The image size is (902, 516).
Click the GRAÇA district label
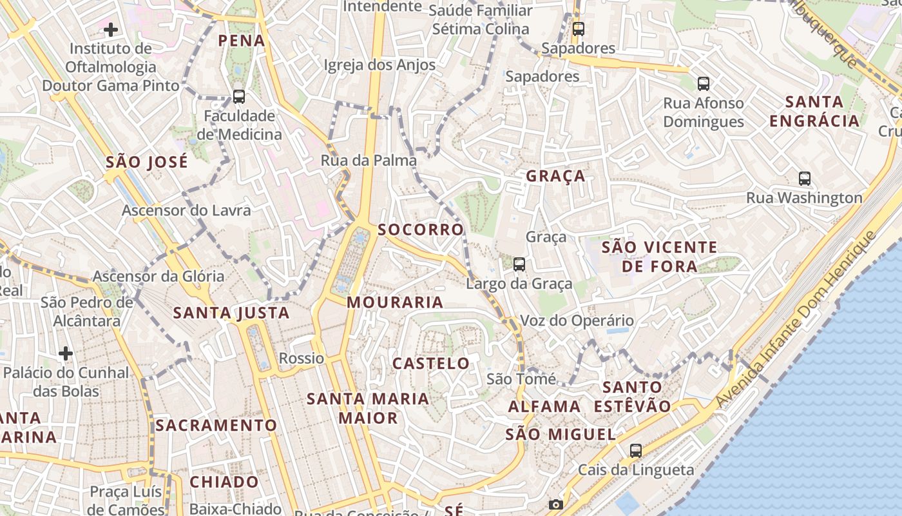point(555,176)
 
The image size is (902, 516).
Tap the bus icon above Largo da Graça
point(519,264)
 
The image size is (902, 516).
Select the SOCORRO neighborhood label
point(421,230)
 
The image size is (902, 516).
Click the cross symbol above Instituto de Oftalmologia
point(111,29)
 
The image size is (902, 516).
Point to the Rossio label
point(302,359)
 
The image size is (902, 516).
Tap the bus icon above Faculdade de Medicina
point(239,97)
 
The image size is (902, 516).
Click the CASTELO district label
point(432,364)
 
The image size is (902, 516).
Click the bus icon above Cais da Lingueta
point(636,451)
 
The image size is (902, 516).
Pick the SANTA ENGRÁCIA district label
point(814,112)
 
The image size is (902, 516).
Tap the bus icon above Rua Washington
point(804,178)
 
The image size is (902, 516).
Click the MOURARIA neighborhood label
point(395,302)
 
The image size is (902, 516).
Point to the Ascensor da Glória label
point(158,276)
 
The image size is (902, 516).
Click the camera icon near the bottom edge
point(556,504)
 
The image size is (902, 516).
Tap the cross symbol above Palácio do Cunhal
point(66,353)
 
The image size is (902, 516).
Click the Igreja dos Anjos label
point(379,64)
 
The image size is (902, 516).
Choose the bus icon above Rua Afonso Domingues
point(704,83)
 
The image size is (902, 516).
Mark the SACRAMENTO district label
point(216,426)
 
